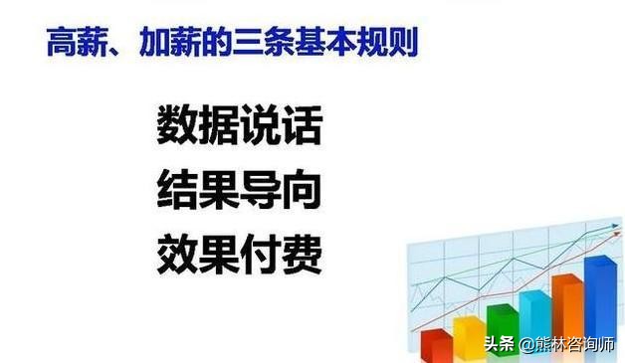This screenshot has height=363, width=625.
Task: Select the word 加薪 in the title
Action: click(174, 42)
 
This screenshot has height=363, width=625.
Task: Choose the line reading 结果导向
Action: click(239, 189)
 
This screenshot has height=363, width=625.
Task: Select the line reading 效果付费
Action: click(239, 253)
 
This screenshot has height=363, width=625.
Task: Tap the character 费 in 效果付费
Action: click(302, 253)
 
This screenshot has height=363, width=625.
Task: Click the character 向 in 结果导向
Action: click(302, 189)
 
